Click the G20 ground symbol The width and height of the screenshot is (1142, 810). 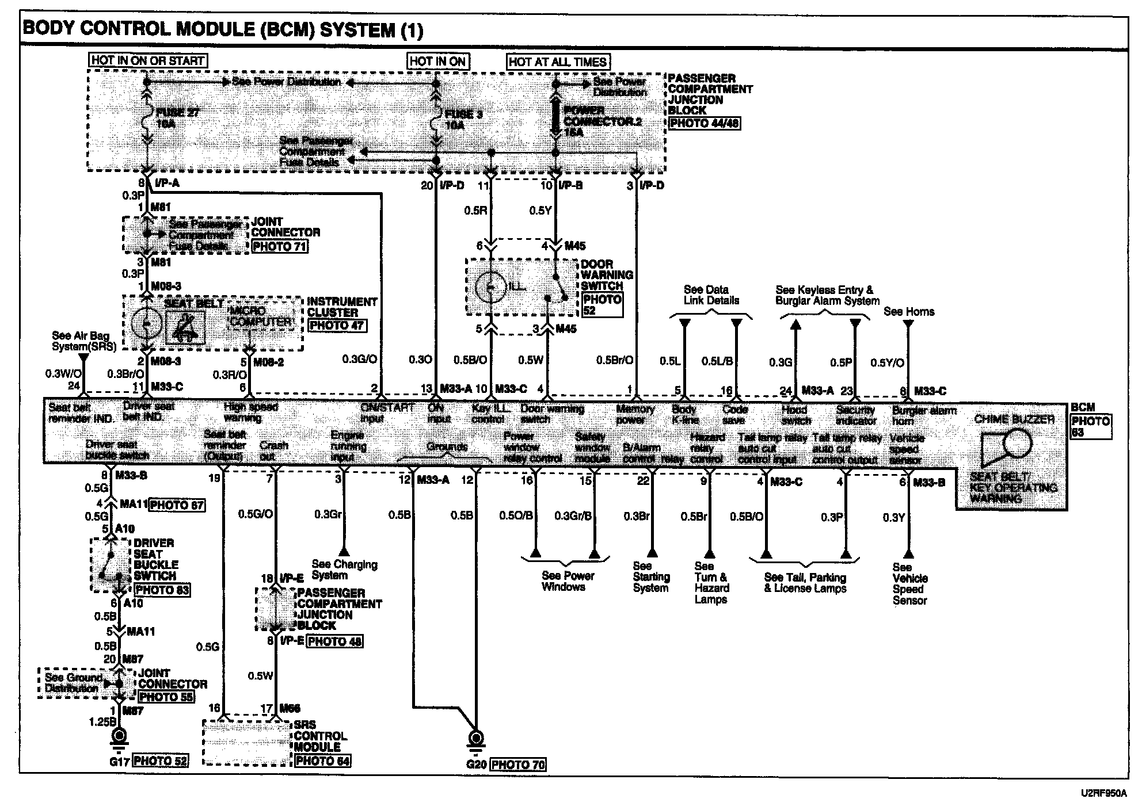coord(476,739)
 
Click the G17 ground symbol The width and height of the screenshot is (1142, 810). coord(120,736)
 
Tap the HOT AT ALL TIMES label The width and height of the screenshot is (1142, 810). coord(558,62)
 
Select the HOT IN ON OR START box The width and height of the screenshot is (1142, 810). coord(147,60)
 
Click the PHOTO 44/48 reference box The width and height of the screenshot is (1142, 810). coord(705,123)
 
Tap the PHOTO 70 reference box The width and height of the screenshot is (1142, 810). coord(518,765)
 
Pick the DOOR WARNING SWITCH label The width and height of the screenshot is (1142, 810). coord(607,275)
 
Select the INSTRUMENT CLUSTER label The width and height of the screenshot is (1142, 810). coord(342,307)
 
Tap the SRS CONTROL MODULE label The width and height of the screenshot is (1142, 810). coord(320,736)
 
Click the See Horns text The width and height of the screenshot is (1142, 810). coord(909,312)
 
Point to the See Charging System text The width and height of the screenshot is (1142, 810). coord(344,570)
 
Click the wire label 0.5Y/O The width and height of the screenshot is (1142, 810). coord(887,362)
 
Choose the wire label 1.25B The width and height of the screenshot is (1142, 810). coord(103,722)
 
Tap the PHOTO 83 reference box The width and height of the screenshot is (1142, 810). coord(162,590)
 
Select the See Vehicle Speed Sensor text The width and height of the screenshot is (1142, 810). coord(909,583)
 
